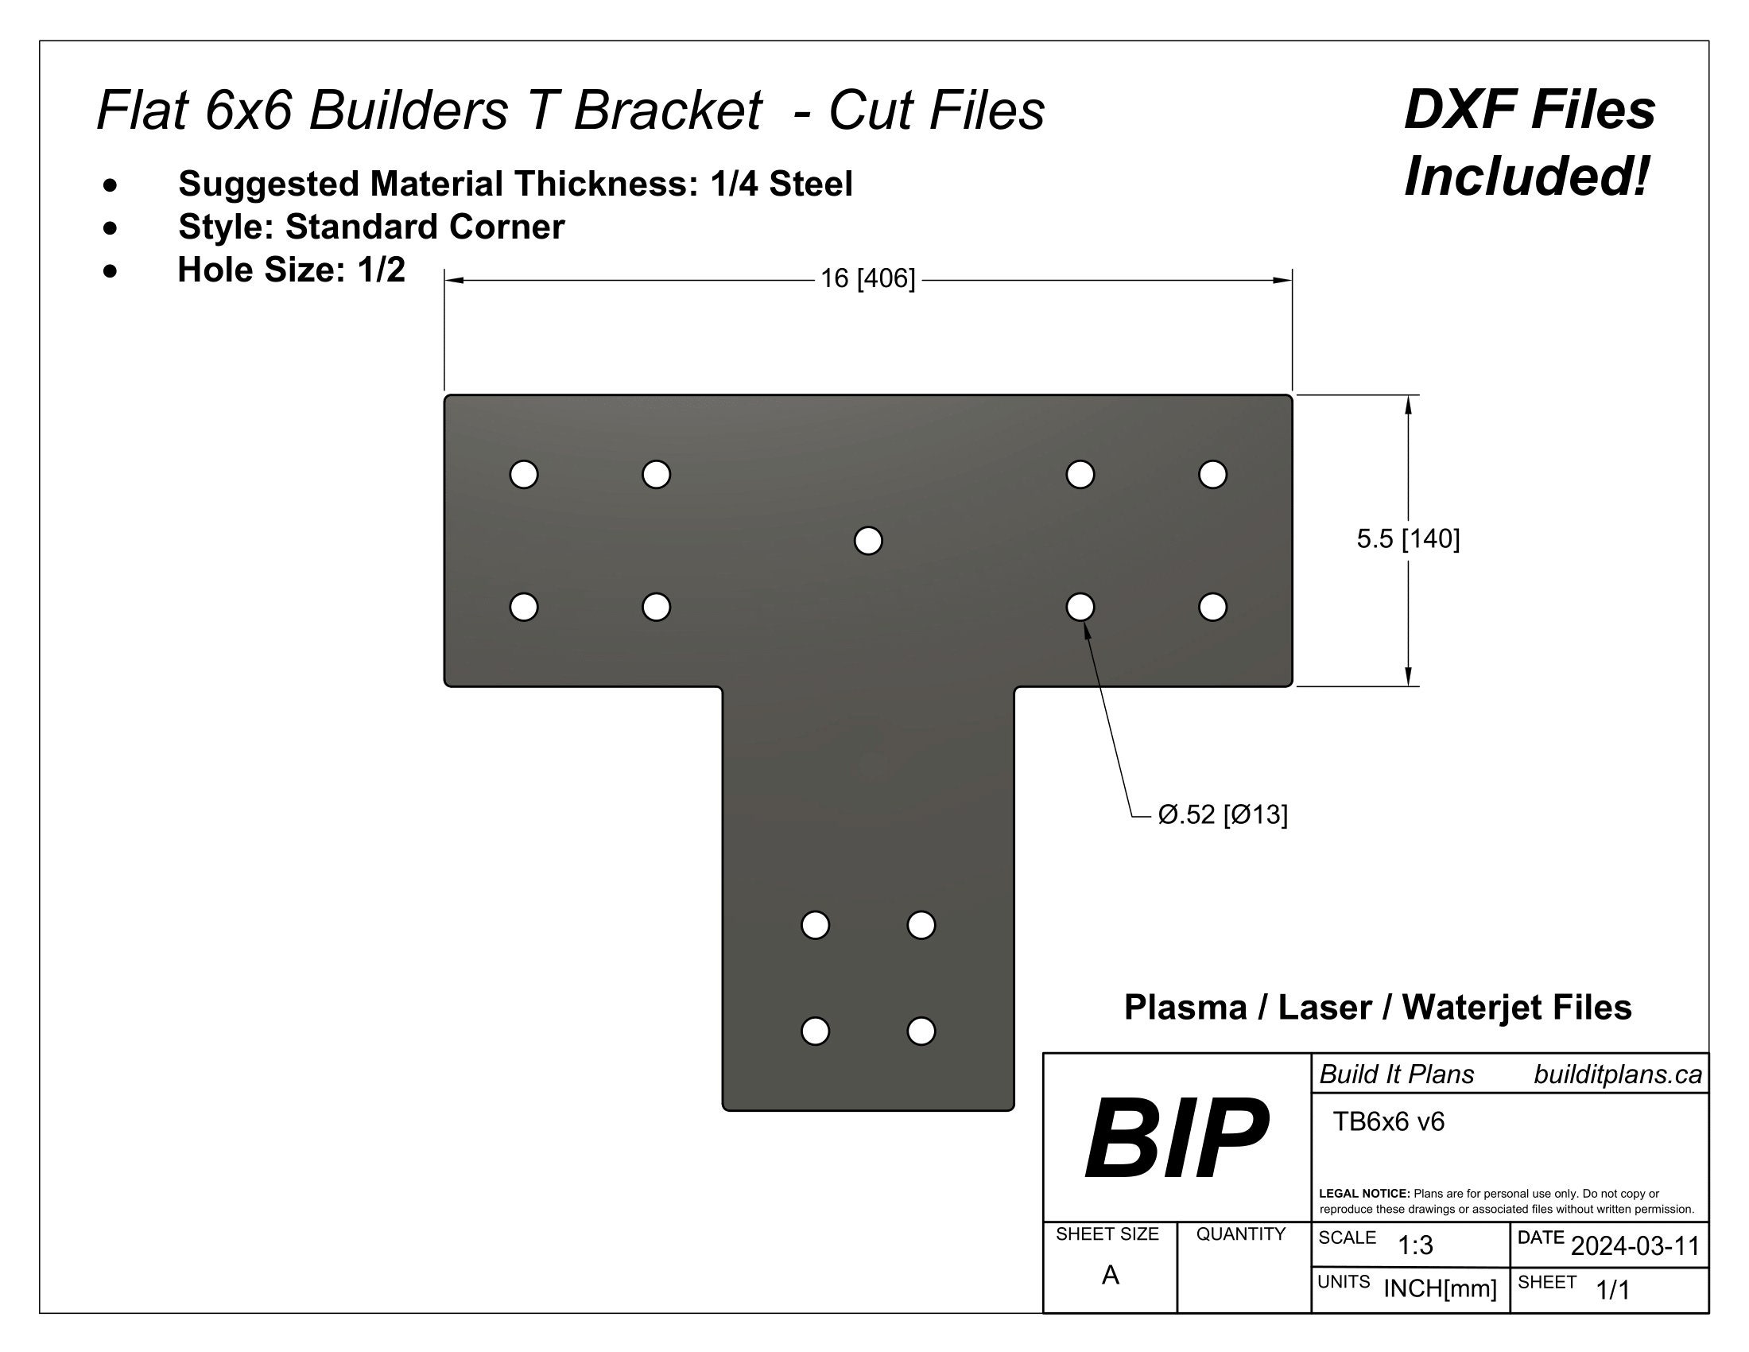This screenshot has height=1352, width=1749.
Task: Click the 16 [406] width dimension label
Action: [867, 278]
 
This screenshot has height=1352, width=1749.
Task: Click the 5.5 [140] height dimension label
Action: [1407, 539]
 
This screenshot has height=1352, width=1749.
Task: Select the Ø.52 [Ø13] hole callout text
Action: [1222, 814]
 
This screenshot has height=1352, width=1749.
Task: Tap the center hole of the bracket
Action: [868, 541]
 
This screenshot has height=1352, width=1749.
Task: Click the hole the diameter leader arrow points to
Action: [1080, 606]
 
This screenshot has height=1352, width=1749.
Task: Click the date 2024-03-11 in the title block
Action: [1635, 1245]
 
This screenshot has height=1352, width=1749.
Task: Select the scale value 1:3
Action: [1414, 1245]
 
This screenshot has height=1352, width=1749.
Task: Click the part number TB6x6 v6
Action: [1388, 1121]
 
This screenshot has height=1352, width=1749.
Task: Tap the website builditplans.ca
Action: [1617, 1074]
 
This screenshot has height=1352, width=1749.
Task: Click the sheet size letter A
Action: [1109, 1275]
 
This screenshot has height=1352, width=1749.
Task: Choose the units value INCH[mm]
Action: [1439, 1288]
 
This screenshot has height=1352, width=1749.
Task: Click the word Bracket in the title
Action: [667, 110]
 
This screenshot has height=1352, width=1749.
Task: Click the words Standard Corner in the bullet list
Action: [425, 227]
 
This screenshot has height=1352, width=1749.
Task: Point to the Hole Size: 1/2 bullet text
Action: [291, 270]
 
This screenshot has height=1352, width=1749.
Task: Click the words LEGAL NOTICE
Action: [1363, 1194]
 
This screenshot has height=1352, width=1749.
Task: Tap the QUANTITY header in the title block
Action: [1239, 1234]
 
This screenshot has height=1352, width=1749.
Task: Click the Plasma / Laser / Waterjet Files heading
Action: [1378, 1007]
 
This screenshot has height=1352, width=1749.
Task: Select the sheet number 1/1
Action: [1612, 1289]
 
